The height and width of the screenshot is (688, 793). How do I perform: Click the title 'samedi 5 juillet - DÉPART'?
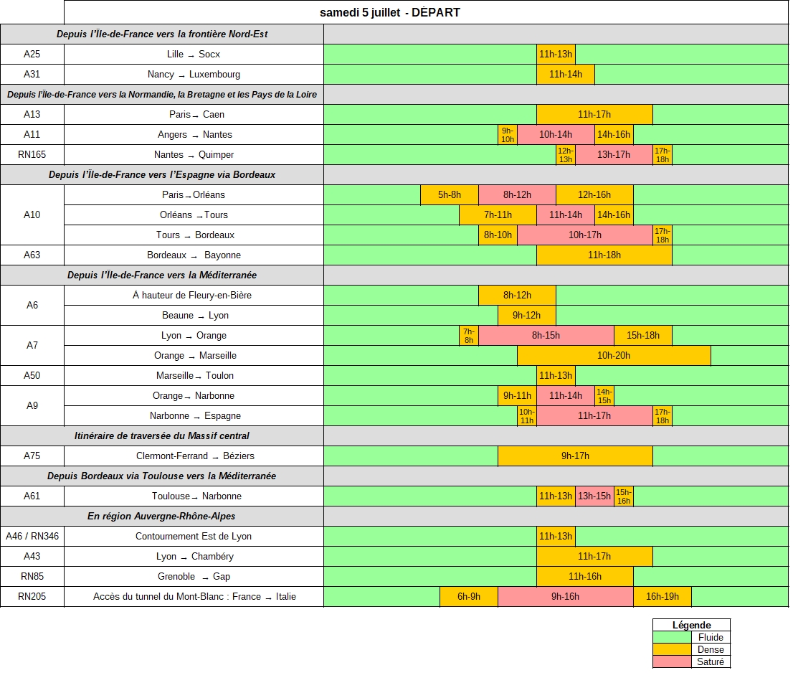390,13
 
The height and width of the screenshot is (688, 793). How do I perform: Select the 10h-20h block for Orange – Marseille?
614,356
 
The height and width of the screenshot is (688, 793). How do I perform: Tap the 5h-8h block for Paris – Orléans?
450,194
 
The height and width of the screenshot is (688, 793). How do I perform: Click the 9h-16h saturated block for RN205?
566,596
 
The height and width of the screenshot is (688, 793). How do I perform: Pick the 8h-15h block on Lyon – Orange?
546,336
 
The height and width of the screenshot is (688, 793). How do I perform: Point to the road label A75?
32,456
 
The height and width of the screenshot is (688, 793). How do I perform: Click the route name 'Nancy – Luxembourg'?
194,75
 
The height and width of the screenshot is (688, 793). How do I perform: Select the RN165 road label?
32,155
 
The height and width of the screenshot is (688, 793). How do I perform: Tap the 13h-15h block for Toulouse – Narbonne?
595,496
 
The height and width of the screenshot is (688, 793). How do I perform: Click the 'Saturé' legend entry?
711,661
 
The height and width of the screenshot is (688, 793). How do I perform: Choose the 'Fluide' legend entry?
711,637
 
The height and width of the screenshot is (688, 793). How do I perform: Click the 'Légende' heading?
691,625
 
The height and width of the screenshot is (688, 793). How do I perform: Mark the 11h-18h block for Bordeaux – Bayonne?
604,255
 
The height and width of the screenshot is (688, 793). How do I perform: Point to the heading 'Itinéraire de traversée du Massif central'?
162,435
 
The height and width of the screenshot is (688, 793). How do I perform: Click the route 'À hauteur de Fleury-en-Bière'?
192,296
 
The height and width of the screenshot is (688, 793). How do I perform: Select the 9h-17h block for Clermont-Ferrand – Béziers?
576,456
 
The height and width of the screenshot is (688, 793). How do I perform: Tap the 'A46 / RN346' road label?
32,536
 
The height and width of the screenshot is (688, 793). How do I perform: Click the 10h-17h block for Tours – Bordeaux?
585,235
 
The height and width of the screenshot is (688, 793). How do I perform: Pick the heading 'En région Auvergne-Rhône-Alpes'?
161,517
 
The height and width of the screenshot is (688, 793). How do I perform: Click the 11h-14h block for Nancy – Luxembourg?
566,75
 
